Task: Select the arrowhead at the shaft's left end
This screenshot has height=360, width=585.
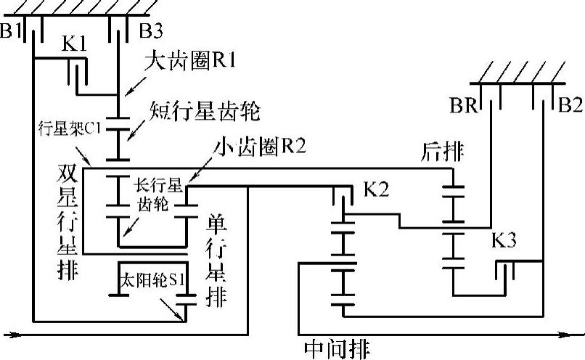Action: [10, 335]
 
